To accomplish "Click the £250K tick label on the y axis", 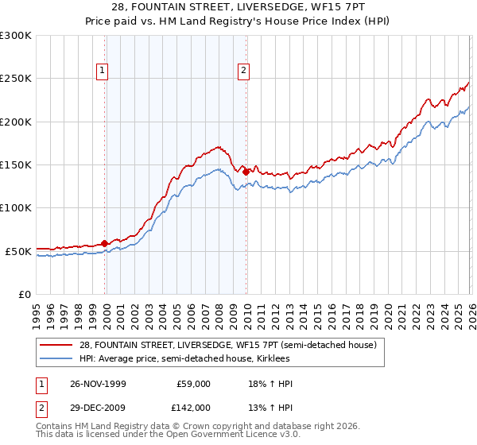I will pos(16,79).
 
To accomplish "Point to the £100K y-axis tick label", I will pos(16,207).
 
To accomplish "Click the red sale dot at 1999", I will pos(105,244).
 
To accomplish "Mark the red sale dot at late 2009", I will pos(246,172).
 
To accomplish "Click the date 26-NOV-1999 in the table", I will pos(97,384).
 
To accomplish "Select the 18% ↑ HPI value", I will pos(270,384).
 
